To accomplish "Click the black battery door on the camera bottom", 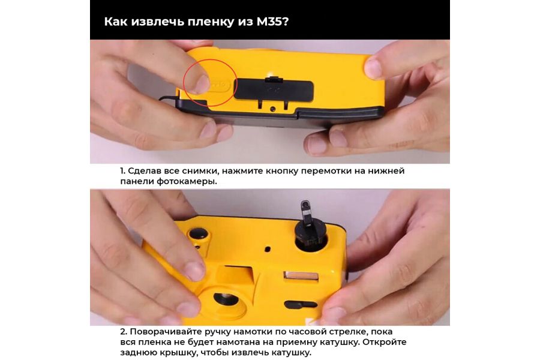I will tap(273, 89).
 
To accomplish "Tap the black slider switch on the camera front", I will tap(300, 304).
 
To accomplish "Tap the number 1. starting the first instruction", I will tap(123, 171).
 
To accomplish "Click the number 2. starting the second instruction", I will tap(123, 332).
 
